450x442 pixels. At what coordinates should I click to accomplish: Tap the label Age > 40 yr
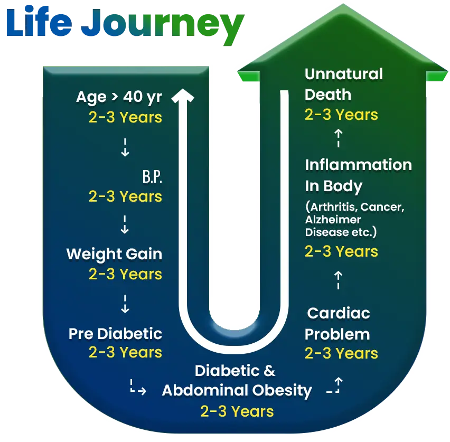pos(119,97)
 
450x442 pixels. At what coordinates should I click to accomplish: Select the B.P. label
pos(152,177)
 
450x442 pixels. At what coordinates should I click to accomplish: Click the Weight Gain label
pos(114,254)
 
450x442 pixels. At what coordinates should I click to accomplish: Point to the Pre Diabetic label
pos(115,334)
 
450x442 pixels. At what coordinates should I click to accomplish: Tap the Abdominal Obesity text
pos(237,391)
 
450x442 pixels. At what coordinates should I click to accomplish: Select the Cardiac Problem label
pos(337,324)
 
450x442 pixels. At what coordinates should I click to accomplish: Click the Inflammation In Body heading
pos(358,175)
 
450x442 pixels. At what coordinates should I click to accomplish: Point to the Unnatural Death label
pos(343,84)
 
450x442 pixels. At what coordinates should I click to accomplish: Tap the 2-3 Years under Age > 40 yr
pos(125,117)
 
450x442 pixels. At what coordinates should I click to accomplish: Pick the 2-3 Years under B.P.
pos(125,196)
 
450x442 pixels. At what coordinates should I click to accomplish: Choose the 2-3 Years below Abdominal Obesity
pos(237,411)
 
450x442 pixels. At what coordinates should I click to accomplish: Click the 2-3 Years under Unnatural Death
pos(341,115)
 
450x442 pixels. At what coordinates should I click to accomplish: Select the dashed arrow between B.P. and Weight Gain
pos(125,224)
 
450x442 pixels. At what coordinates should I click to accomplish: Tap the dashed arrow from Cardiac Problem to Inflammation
pos(338,280)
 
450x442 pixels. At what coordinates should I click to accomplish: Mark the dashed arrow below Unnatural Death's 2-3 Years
pos(338,139)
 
